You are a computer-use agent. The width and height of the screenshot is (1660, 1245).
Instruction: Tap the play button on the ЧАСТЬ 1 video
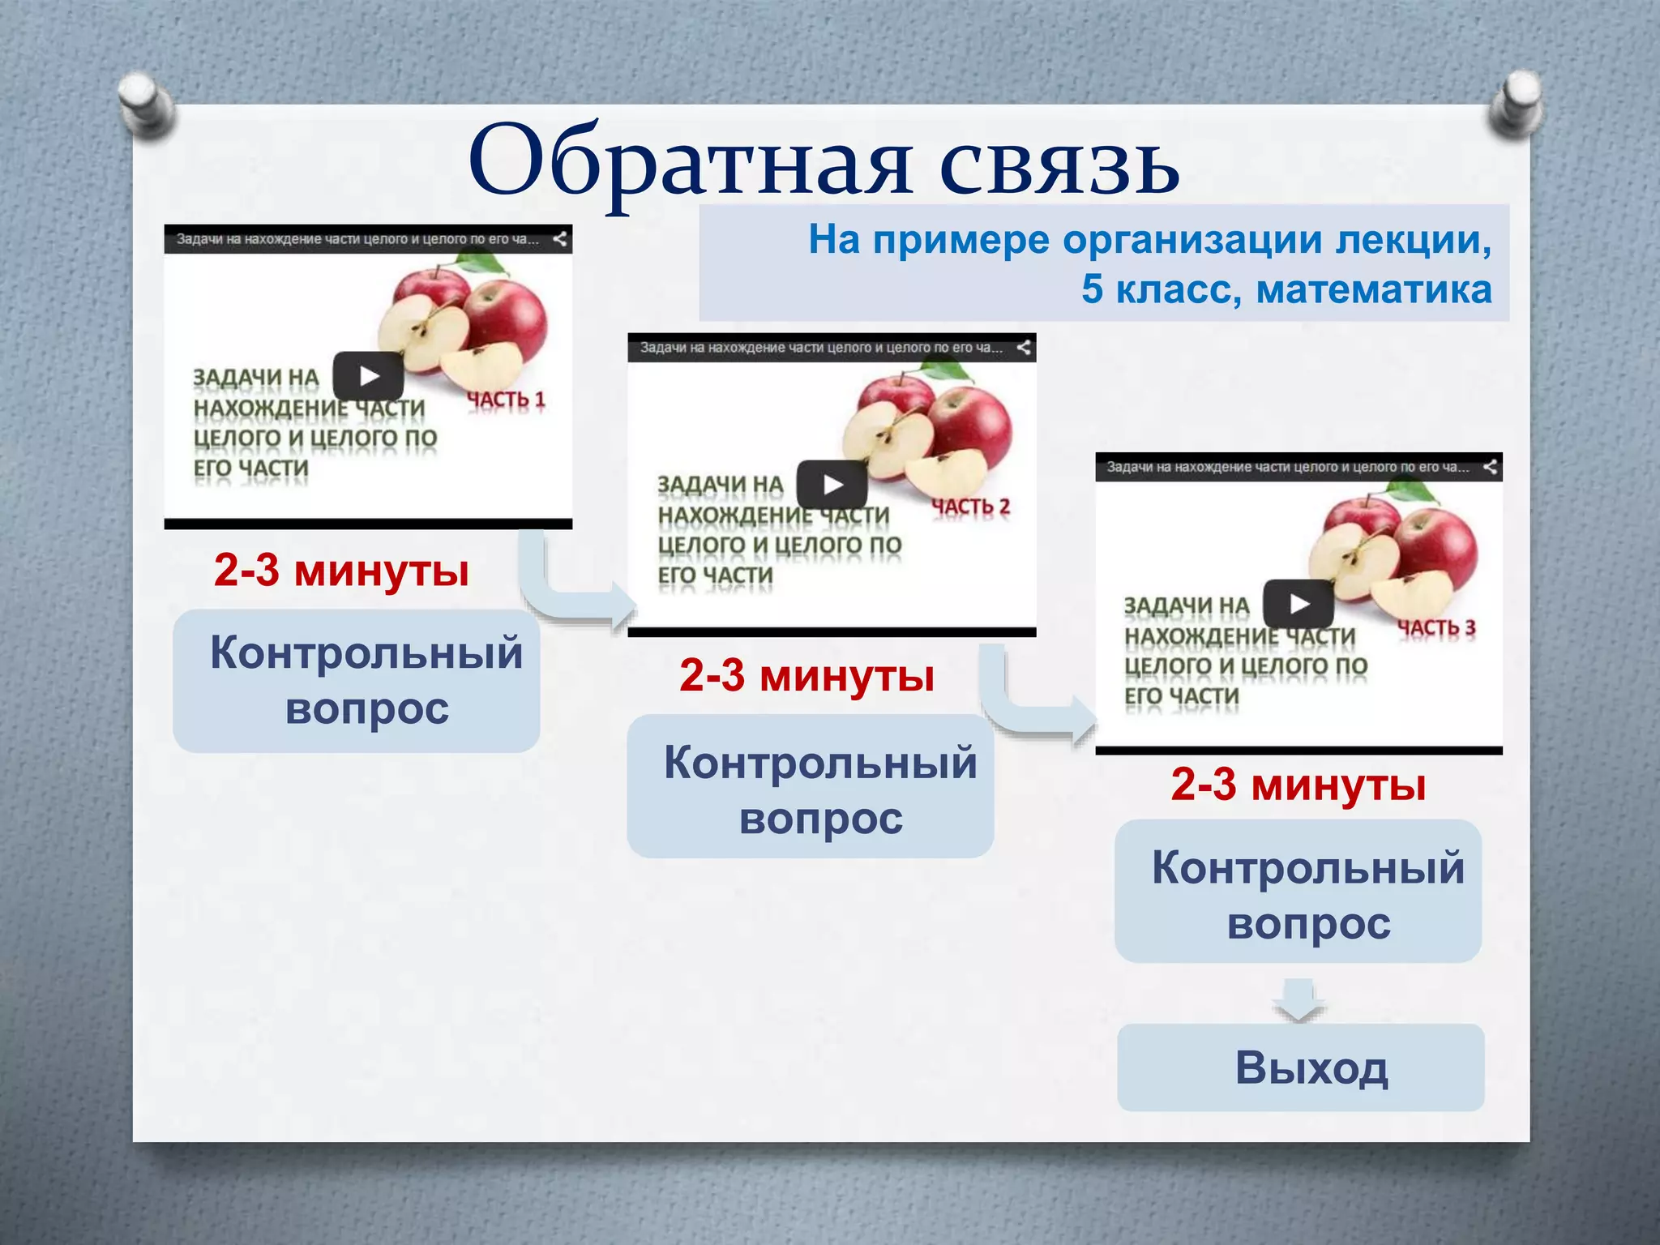[x=369, y=376]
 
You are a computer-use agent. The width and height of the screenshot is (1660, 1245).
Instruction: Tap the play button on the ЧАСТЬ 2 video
[x=832, y=485]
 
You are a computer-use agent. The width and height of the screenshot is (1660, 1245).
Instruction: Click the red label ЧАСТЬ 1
[x=506, y=400]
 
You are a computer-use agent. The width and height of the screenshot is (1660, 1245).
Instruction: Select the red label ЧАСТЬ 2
[x=970, y=507]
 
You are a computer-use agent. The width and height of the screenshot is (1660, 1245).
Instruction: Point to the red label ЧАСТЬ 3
[x=1436, y=628]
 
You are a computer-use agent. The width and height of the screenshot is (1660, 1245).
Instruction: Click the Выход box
[x=1300, y=1067]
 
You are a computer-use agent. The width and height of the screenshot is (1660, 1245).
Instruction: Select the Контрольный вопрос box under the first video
[x=357, y=681]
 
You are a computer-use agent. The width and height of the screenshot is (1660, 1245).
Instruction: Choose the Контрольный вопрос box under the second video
[x=811, y=786]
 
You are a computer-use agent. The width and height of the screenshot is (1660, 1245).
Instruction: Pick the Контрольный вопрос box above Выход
[x=1298, y=892]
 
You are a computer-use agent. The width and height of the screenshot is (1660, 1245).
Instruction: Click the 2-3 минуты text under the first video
[x=341, y=571]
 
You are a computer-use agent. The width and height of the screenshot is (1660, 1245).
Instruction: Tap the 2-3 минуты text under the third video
[x=1298, y=785]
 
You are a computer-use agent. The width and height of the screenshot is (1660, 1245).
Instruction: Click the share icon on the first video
[x=559, y=239]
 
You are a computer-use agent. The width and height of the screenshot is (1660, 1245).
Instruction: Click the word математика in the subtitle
[x=1373, y=289]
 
